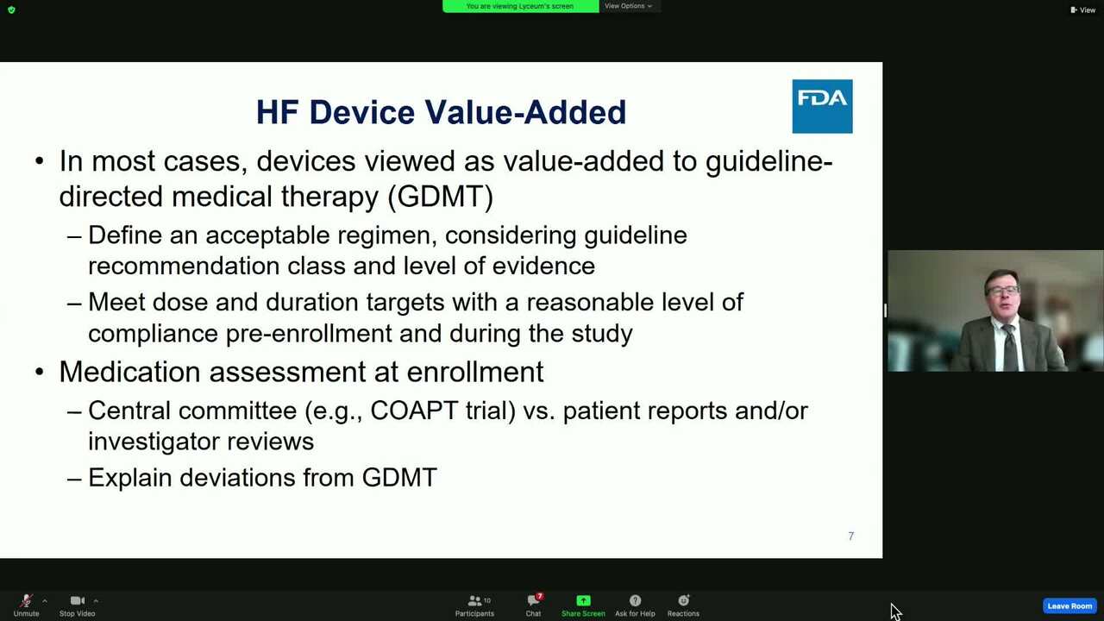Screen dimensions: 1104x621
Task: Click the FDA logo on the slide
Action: pos(822,106)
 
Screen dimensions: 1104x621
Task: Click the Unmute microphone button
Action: pos(26,605)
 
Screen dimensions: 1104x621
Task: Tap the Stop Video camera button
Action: pos(77,605)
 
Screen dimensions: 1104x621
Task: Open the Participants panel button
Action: pos(474,605)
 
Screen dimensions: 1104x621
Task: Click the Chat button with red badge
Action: pos(533,605)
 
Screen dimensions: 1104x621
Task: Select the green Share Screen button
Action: pos(583,605)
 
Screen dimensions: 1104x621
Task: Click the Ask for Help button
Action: pos(635,605)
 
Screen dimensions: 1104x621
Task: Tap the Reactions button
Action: pos(683,605)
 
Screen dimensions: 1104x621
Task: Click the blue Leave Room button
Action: pos(1069,605)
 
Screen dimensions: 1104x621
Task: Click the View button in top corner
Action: pos(1082,9)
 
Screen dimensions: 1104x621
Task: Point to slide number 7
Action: pos(850,536)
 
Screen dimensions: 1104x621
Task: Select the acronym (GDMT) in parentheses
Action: pos(441,197)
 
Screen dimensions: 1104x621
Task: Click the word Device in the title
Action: pos(362,112)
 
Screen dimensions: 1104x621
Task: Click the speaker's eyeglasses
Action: pos(1002,291)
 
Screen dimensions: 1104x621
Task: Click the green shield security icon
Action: pos(11,9)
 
